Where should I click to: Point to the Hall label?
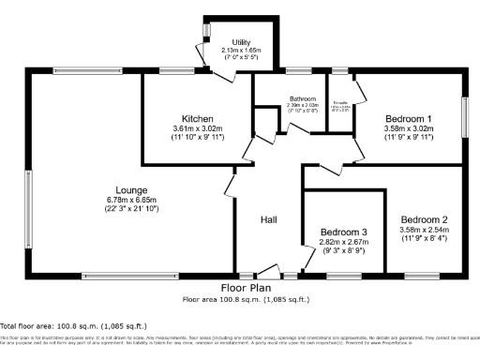coord(269,219)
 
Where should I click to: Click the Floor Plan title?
coord(245,288)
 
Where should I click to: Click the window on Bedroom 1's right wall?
coord(464,113)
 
